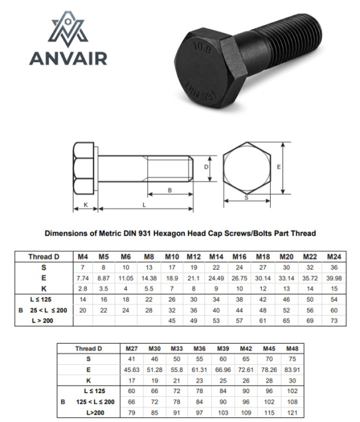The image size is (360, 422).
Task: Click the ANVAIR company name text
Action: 68,58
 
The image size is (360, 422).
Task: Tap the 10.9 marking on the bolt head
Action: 201,48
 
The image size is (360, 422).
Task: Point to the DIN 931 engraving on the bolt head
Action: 201,92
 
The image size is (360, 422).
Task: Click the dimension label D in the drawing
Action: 206,167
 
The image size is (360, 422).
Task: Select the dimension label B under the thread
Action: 169,191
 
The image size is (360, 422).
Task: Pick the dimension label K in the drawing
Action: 86,205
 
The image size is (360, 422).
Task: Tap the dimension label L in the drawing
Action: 144,205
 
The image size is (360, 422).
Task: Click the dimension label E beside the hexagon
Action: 279,167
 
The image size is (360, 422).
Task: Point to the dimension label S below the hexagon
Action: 247,198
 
